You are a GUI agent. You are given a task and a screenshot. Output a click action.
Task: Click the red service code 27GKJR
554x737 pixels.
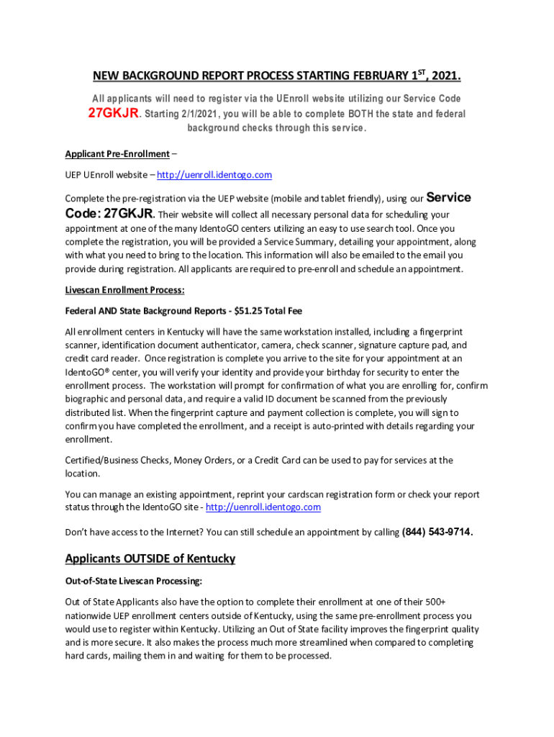tap(113, 114)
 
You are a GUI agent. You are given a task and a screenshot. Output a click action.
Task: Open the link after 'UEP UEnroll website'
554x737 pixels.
tap(214, 175)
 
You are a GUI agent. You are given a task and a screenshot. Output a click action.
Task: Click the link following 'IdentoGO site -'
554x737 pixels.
tap(263, 507)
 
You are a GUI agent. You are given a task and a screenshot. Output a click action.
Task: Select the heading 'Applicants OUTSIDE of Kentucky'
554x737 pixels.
tap(150, 559)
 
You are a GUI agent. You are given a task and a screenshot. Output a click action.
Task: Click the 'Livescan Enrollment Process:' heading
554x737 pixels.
tap(125, 290)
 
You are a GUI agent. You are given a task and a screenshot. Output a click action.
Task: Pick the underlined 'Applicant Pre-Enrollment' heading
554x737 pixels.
tap(117, 154)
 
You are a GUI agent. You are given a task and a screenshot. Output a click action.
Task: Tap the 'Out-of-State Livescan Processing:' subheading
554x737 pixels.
tap(134, 580)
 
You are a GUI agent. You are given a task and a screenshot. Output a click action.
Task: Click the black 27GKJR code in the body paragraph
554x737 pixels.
tap(129, 214)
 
